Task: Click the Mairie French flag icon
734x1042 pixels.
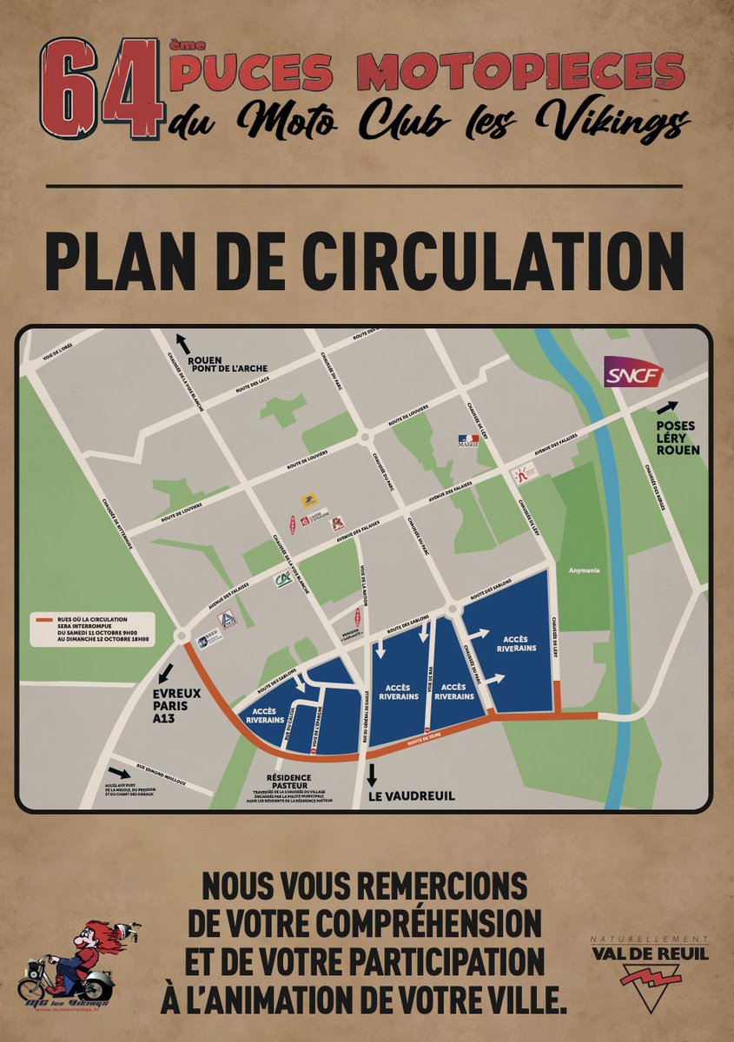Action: pos(469,441)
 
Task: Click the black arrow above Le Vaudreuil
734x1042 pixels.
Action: pos(373,775)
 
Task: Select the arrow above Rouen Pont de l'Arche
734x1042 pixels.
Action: pos(182,340)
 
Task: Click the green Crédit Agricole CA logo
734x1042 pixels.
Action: pos(283,580)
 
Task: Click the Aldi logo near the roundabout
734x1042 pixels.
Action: pos(226,620)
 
